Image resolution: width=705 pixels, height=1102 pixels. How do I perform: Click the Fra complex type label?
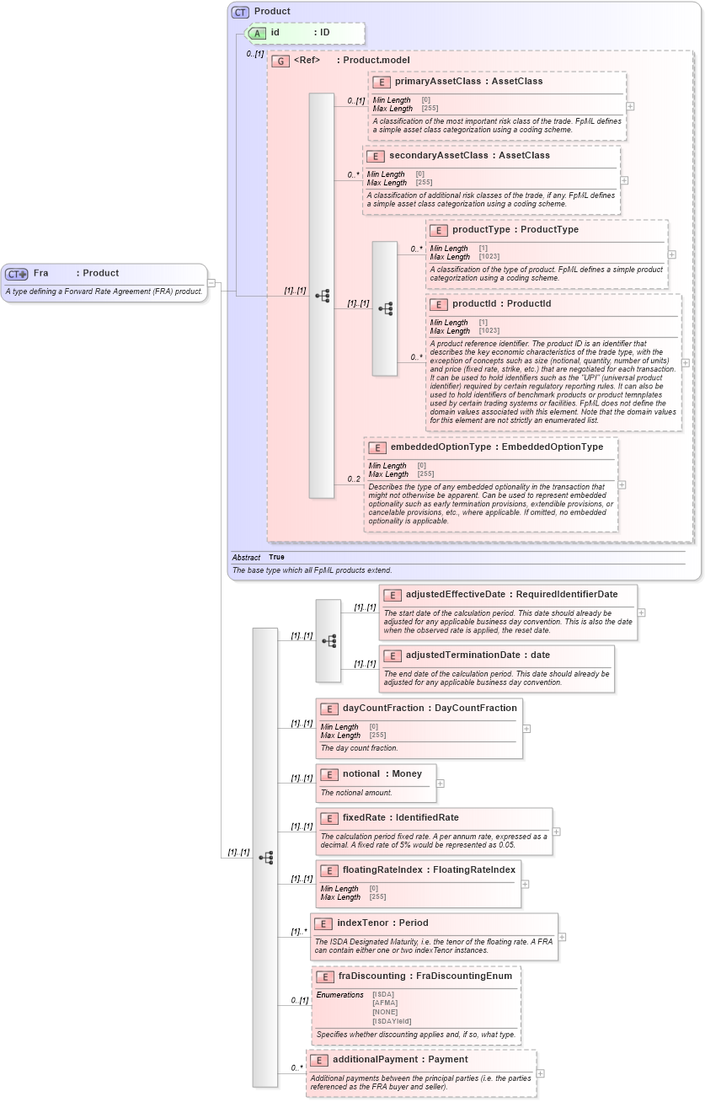[x=40, y=273]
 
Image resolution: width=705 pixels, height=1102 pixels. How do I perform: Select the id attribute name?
[x=275, y=32]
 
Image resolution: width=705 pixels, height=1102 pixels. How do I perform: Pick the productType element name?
[x=483, y=229]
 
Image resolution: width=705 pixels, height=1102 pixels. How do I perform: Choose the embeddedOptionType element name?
[x=441, y=447]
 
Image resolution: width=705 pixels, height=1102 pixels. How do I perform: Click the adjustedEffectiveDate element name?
[x=455, y=595]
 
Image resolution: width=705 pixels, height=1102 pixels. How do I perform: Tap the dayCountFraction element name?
[x=383, y=709]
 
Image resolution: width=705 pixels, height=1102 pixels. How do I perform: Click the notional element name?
[x=361, y=773]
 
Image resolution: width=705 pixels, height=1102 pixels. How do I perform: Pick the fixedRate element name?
[x=366, y=818]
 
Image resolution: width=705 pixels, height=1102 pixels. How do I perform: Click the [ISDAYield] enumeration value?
[x=392, y=1021]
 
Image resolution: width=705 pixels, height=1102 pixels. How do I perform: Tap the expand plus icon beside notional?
[x=441, y=784]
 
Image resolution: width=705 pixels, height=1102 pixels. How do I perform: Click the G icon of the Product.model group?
[x=280, y=61]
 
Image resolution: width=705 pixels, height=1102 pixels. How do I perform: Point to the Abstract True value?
[x=276, y=557]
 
